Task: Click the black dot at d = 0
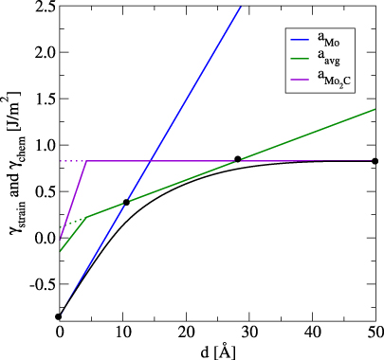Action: click(x=59, y=316)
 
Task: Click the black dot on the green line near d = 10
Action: click(x=126, y=202)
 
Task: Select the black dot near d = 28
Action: click(x=237, y=159)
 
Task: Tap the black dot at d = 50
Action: click(x=375, y=161)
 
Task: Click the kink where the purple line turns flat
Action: click(x=86, y=161)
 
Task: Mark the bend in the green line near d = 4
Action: click(x=85, y=217)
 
